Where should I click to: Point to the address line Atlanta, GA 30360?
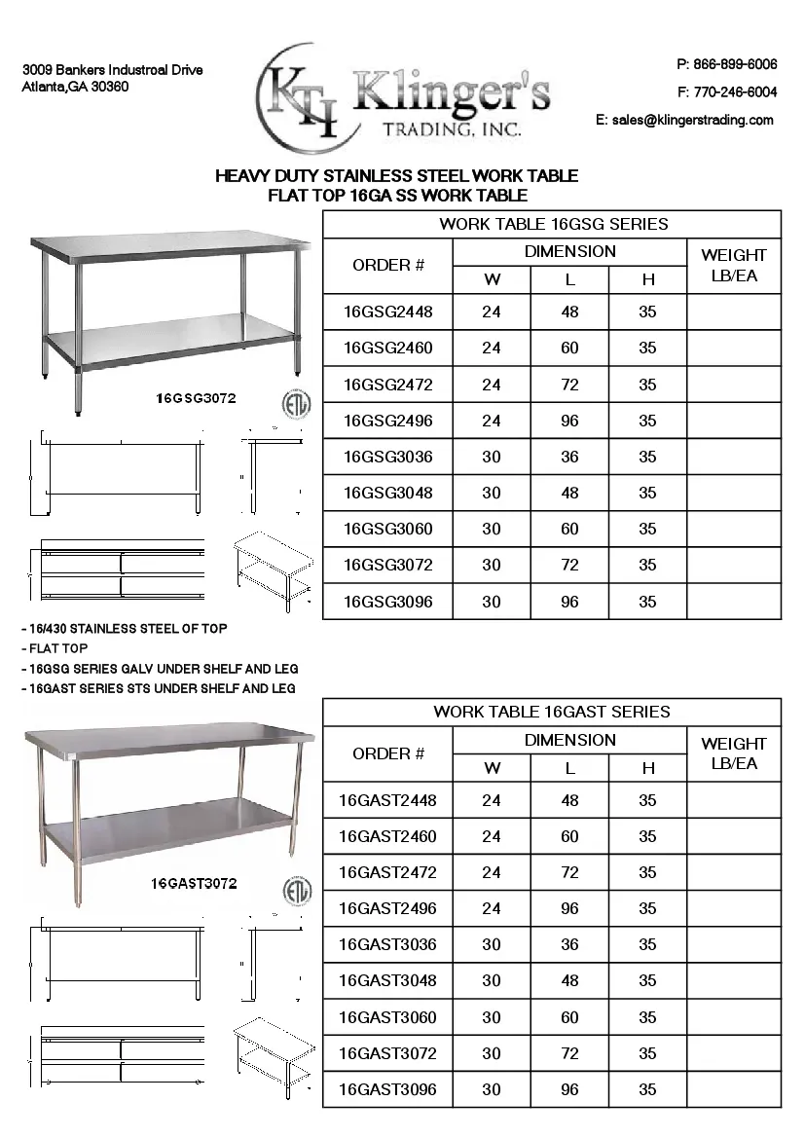point(75,87)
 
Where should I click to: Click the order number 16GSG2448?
point(387,312)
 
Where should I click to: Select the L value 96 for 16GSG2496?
point(569,421)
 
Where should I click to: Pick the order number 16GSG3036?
point(387,457)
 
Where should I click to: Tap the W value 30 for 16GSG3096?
point(492,602)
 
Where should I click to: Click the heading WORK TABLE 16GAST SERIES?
point(551,712)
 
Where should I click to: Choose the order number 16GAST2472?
point(387,872)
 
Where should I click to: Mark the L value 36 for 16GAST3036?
point(569,944)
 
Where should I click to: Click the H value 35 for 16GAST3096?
point(647,1089)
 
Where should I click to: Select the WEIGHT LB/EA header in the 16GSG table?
point(734,265)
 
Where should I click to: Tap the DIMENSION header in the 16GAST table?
point(569,740)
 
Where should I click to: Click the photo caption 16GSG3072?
point(196,398)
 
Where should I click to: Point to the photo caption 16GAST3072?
point(194,884)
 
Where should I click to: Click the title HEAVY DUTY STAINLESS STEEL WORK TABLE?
point(396,176)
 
